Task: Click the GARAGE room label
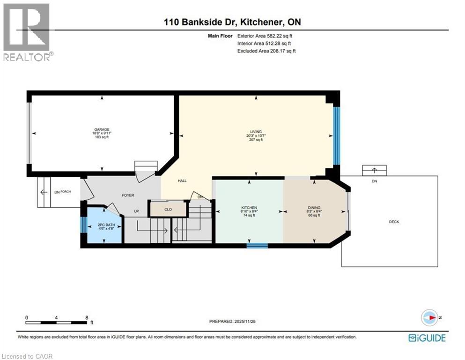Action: click(x=102, y=129)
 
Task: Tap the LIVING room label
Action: click(x=256, y=132)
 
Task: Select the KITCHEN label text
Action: click(x=249, y=208)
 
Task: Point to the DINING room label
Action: click(x=314, y=208)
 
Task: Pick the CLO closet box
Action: click(x=168, y=209)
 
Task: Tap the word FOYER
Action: click(x=128, y=195)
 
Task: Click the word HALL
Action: click(x=183, y=180)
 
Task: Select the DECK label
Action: click(x=394, y=222)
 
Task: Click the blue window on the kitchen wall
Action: click(x=257, y=245)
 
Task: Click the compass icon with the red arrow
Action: click(x=429, y=317)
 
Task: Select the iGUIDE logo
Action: click(x=427, y=337)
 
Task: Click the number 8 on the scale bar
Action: click(x=87, y=317)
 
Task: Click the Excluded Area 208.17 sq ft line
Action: click(x=266, y=51)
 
